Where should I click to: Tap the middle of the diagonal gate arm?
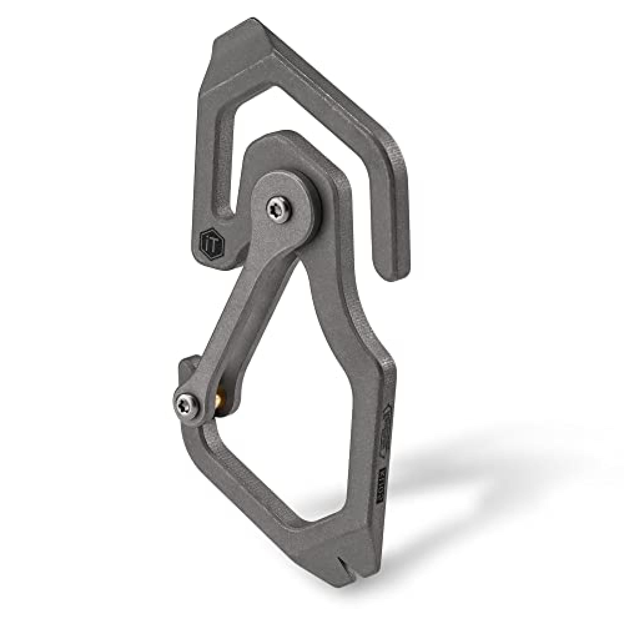pos(246,307)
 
